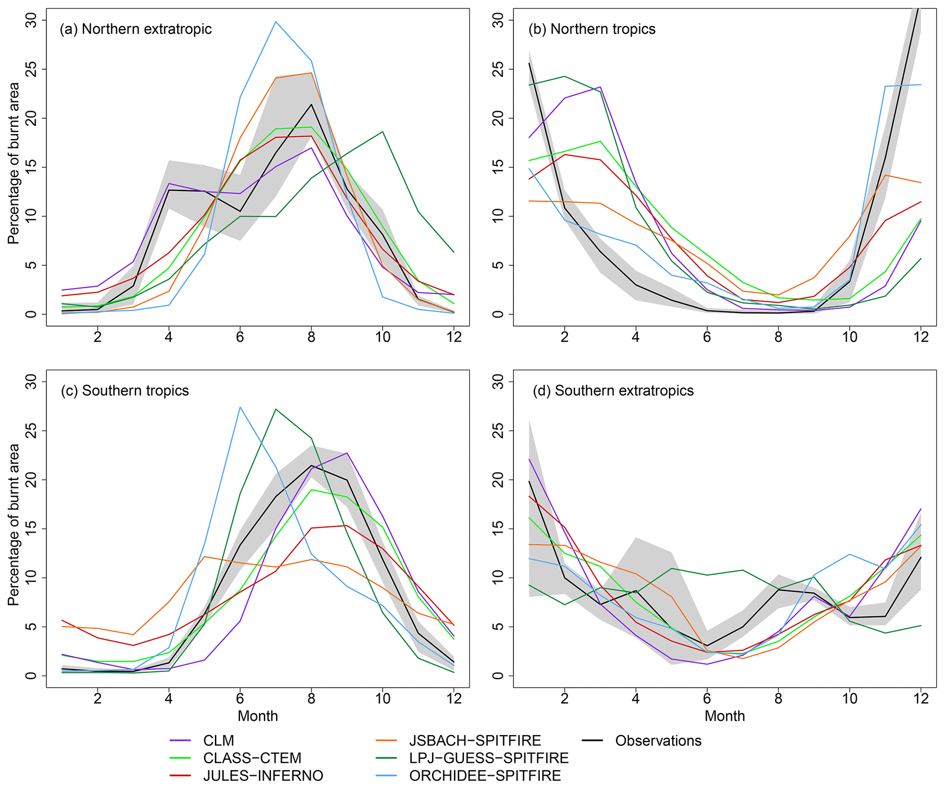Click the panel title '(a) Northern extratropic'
[135, 29]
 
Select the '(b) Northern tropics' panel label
[592, 29]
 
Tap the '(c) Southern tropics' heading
[125, 391]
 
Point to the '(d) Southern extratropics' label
[613, 391]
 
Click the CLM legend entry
[218, 741]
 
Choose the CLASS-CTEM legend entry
[252, 758]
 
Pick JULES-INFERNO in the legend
[263, 776]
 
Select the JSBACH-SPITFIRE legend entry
[475, 741]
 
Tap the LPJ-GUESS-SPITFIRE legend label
[489, 758]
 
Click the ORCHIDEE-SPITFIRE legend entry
[485, 776]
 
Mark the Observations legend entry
[658, 741]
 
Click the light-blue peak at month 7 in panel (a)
[276, 21]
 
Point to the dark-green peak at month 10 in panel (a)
[383, 132]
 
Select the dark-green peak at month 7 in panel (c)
[276, 409]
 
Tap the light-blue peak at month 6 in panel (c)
[240, 407]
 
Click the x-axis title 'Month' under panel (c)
[258, 716]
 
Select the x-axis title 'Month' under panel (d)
[725, 716]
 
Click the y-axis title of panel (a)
[14, 163]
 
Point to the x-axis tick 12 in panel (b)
[921, 337]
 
